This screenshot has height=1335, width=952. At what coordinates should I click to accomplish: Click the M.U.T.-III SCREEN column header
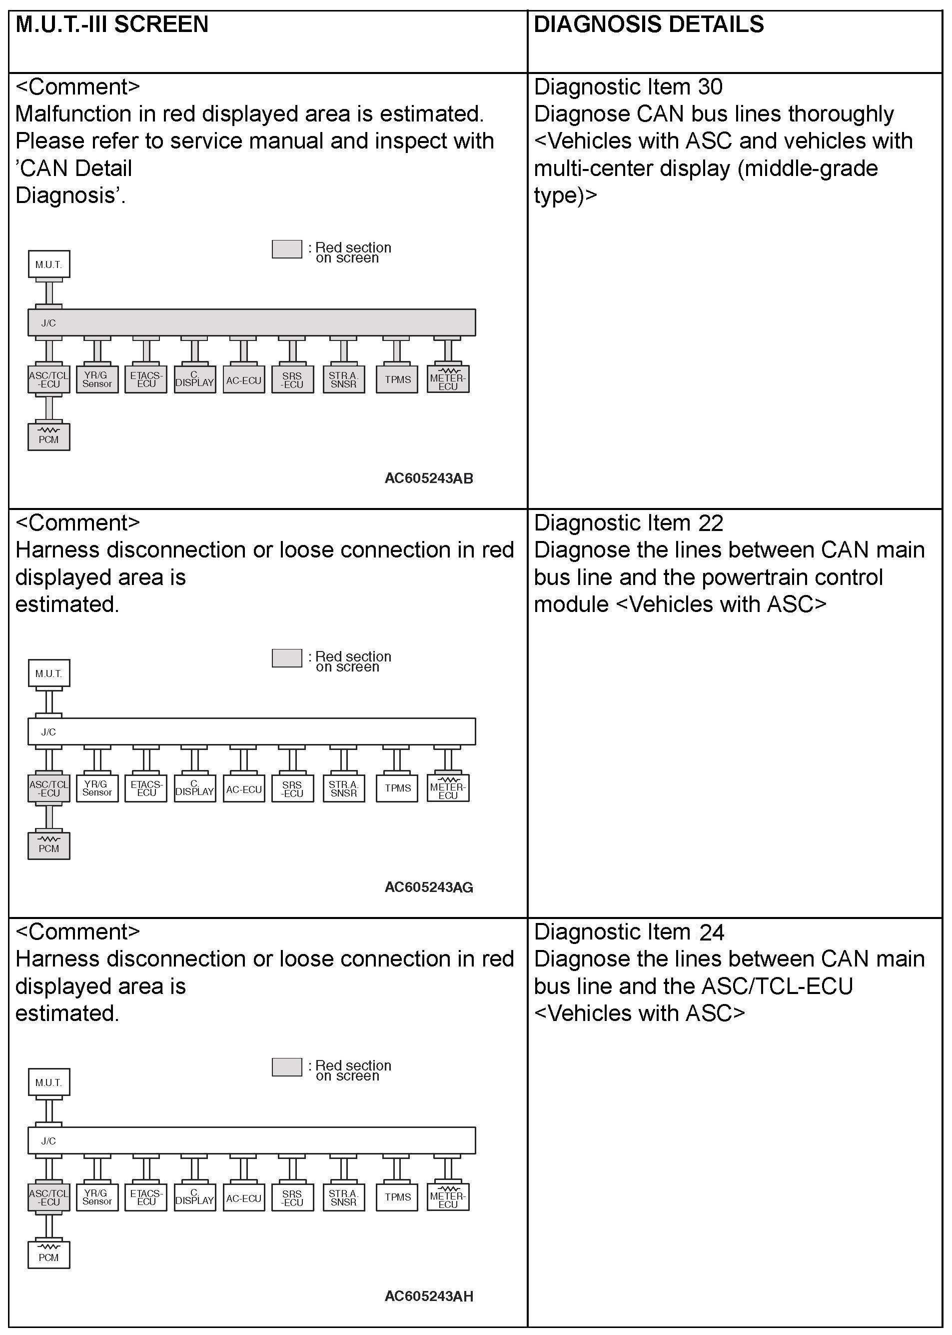pos(111,24)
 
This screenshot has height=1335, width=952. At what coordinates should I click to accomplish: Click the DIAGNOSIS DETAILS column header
pos(648,24)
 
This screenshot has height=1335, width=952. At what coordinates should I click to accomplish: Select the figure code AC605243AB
pos(428,478)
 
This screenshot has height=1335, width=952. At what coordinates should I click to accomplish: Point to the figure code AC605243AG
pos(428,887)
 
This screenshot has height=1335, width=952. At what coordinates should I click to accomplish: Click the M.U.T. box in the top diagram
pos(48,264)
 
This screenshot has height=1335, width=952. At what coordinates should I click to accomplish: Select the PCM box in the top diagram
pos(48,437)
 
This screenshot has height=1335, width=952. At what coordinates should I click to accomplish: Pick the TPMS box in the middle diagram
pos(397,788)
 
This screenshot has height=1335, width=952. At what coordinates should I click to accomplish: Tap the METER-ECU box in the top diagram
pos(448,379)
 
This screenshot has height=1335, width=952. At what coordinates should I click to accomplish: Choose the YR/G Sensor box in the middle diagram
pos(97,788)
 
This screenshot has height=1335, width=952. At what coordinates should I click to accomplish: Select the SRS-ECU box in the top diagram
pos(292,379)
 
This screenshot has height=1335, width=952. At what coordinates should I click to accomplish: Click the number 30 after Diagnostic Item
pos(710,87)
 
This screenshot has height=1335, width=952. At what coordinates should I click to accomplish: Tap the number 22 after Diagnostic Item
pos(711,522)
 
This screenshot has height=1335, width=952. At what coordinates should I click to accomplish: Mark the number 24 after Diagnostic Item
pos(711,932)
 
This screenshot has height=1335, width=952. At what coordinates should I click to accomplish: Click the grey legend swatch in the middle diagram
pos(287,657)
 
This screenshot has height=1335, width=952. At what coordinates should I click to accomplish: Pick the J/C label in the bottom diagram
pos(48,1141)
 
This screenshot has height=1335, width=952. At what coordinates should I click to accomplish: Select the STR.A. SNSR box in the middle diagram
pos(343,788)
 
